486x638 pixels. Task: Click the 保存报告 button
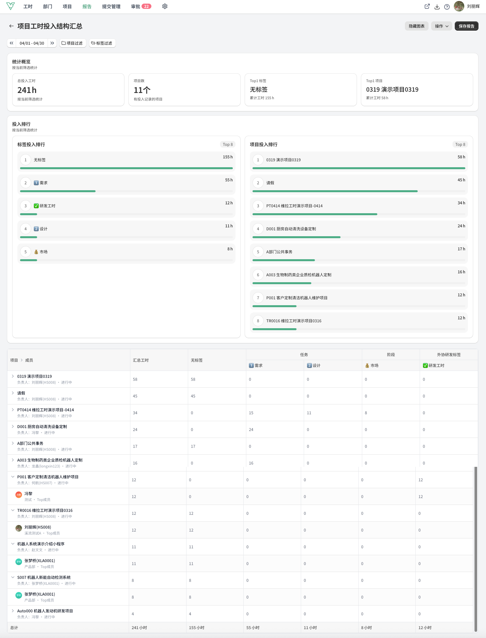(x=466, y=26)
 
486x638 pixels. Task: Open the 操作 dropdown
(x=442, y=26)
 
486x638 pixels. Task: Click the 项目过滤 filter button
(x=73, y=43)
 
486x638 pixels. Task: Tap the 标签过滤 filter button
(x=102, y=43)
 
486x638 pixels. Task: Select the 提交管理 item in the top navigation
(x=111, y=7)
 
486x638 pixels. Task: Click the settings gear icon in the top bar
(x=165, y=7)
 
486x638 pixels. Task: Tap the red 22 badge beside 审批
(x=146, y=7)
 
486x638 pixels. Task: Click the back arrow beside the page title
(x=11, y=26)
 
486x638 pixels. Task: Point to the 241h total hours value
(x=27, y=90)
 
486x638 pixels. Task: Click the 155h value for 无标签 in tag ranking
(x=228, y=157)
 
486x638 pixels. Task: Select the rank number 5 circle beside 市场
(x=26, y=252)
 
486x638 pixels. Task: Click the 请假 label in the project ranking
(x=270, y=183)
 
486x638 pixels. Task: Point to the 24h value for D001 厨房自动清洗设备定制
(x=461, y=226)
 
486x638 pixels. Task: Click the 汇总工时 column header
(x=141, y=360)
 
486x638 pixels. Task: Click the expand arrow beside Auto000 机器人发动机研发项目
(x=13, y=611)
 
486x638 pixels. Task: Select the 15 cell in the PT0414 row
(x=251, y=413)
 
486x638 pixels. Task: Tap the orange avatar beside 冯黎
(x=19, y=494)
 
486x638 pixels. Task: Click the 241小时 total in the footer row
(x=139, y=628)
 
